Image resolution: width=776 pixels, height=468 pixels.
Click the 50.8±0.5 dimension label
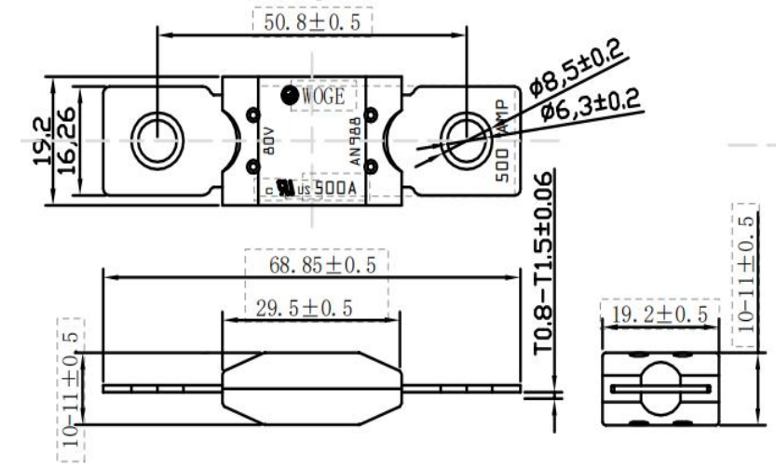(x=312, y=20)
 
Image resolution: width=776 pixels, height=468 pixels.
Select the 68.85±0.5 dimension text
(x=321, y=265)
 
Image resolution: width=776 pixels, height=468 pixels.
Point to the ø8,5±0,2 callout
(x=575, y=73)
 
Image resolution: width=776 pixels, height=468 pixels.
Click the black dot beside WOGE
(x=289, y=94)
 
